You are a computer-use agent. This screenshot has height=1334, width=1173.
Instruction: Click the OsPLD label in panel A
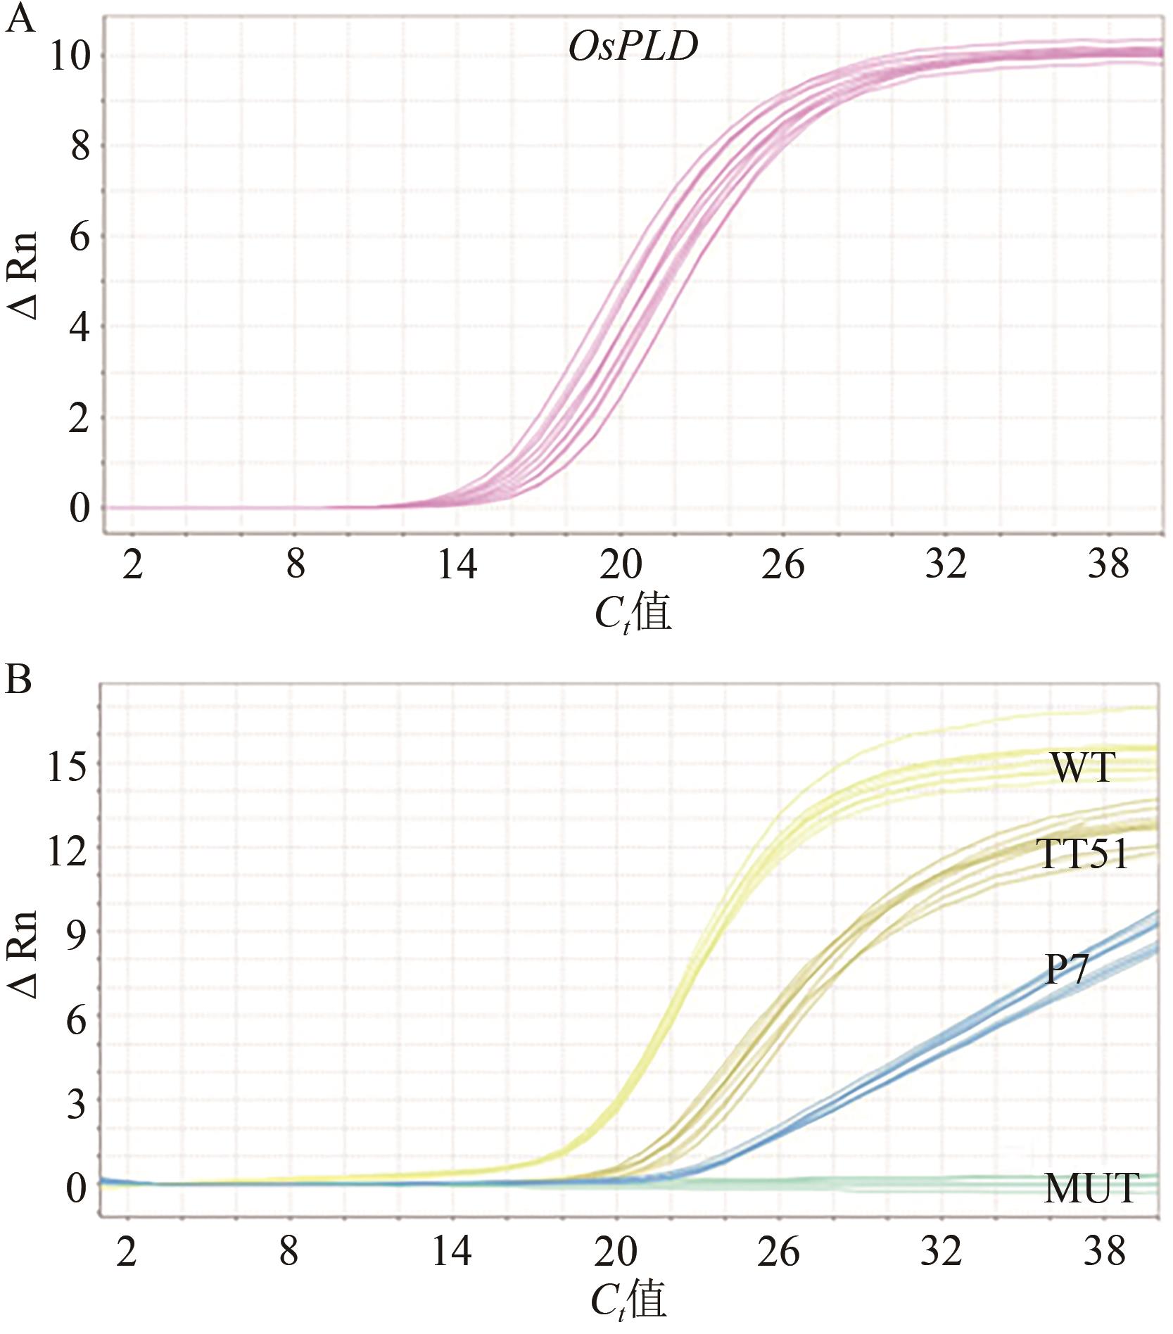pyautogui.click(x=633, y=47)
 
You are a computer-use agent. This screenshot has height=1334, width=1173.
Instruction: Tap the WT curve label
pyautogui.click(x=1083, y=768)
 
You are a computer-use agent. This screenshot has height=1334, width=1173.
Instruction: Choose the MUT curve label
pyautogui.click(x=1091, y=1188)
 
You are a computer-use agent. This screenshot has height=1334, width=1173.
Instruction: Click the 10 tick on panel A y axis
pyautogui.click(x=70, y=56)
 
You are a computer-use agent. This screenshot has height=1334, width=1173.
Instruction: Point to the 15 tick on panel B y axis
pyautogui.click(x=68, y=768)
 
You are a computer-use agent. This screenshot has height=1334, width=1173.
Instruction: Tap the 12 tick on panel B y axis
pyautogui.click(x=68, y=851)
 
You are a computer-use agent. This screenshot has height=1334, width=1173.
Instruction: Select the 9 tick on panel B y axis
pyautogui.click(x=77, y=936)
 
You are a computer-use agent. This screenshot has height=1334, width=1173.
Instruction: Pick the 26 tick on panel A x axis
pyautogui.click(x=782, y=565)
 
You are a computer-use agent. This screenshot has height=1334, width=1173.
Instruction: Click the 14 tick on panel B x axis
pyautogui.click(x=451, y=1252)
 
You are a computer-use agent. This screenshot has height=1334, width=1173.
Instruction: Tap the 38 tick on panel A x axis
pyautogui.click(x=1108, y=565)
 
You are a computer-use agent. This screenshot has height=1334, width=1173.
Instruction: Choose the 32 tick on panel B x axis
pyautogui.click(x=941, y=1252)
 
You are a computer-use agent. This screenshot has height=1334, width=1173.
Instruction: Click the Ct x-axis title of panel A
pyautogui.click(x=633, y=613)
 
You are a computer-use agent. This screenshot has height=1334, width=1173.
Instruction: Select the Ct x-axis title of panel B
pyautogui.click(x=628, y=1300)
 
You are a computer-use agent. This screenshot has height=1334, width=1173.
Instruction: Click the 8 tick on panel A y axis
pyautogui.click(x=80, y=147)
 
